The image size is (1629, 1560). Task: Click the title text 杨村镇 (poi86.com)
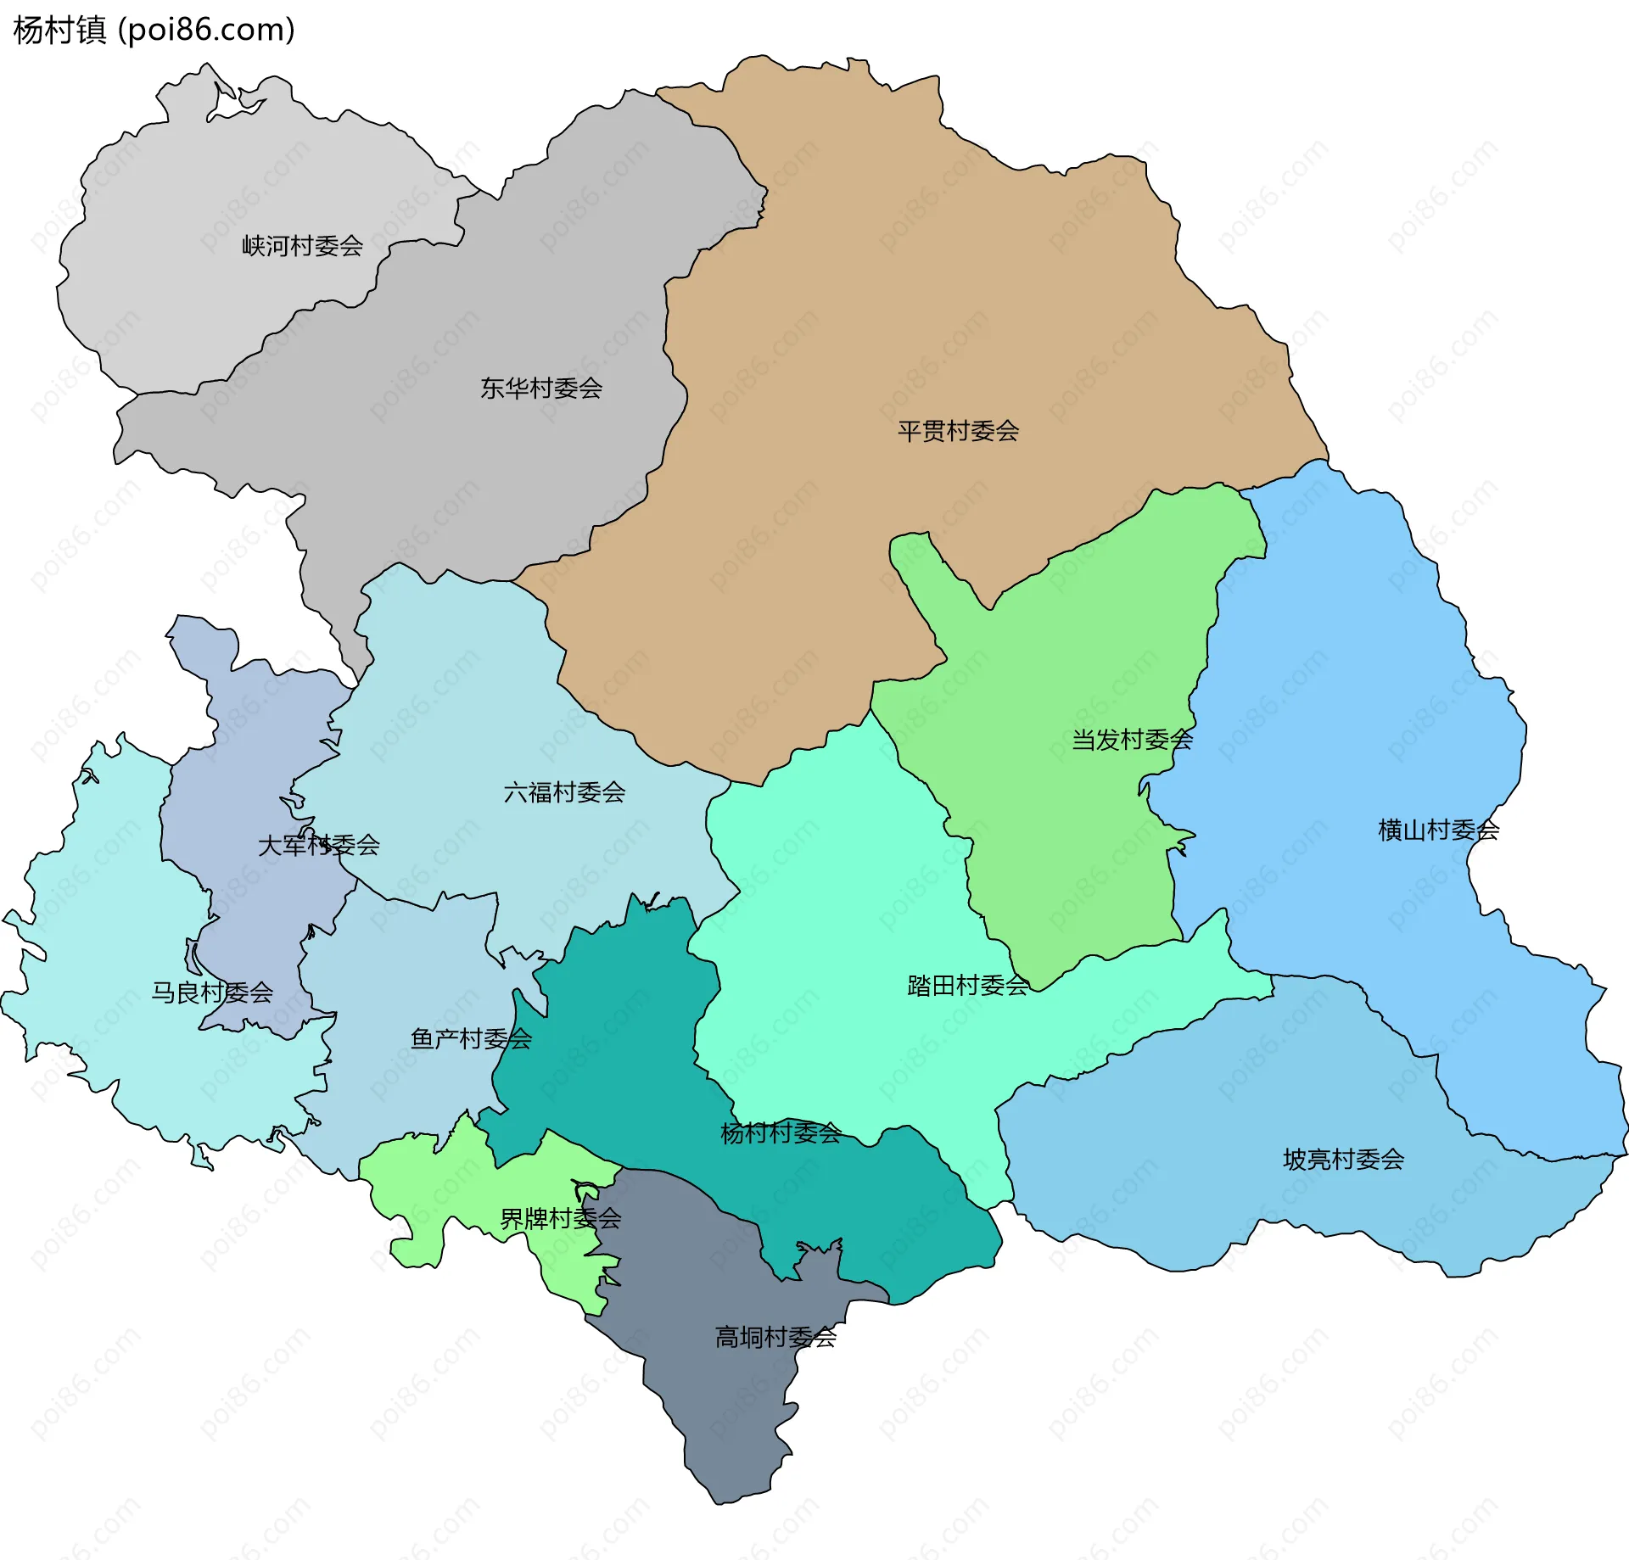pyautogui.click(x=154, y=30)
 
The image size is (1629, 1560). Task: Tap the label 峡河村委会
pyautogui.click(x=302, y=246)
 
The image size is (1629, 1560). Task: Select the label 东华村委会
pyautogui.click(x=541, y=389)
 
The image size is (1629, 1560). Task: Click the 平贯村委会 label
pyautogui.click(x=958, y=431)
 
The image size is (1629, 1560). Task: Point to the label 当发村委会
pyautogui.click(x=1132, y=740)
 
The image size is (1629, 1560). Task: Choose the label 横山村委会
pyautogui.click(x=1438, y=830)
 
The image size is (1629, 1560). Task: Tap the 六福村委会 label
pyautogui.click(x=564, y=792)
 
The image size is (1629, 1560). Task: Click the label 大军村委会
pyautogui.click(x=318, y=845)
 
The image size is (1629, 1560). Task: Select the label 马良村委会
pyautogui.click(x=212, y=992)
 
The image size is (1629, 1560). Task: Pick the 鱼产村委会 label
pyautogui.click(x=471, y=1038)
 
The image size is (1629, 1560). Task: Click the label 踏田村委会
pyautogui.click(x=968, y=985)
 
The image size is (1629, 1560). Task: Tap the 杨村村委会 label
pyautogui.click(x=781, y=1132)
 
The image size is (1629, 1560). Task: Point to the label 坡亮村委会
pyautogui.click(x=1343, y=1159)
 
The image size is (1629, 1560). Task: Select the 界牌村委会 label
pyautogui.click(x=560, y=1219)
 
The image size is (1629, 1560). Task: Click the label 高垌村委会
pyautogui.click(x=775, y=1337)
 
